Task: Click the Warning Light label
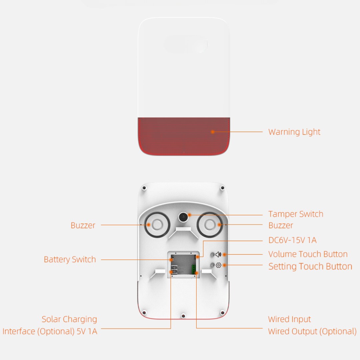[294, 132]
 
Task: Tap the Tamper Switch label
[296, 214]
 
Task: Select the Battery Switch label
[70, 259]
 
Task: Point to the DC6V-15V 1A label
[292, 240]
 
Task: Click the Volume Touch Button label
[308, 254]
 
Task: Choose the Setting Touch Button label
[310, 266]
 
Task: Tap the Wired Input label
[289, 319]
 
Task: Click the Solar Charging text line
[69, 319]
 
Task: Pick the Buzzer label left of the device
[83, 225]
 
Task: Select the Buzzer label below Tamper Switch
[281, 225]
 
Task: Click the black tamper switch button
[183, 217]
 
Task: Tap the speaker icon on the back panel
[218, 254]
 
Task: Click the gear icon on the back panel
[219, 265]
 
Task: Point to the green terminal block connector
[194, 269]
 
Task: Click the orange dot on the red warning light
[213, 132]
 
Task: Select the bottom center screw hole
[183, 316]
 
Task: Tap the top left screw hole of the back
[144, 188]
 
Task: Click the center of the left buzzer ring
[157, 225]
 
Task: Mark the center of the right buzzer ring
[210, 225]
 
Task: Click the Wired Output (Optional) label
[312, 331]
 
